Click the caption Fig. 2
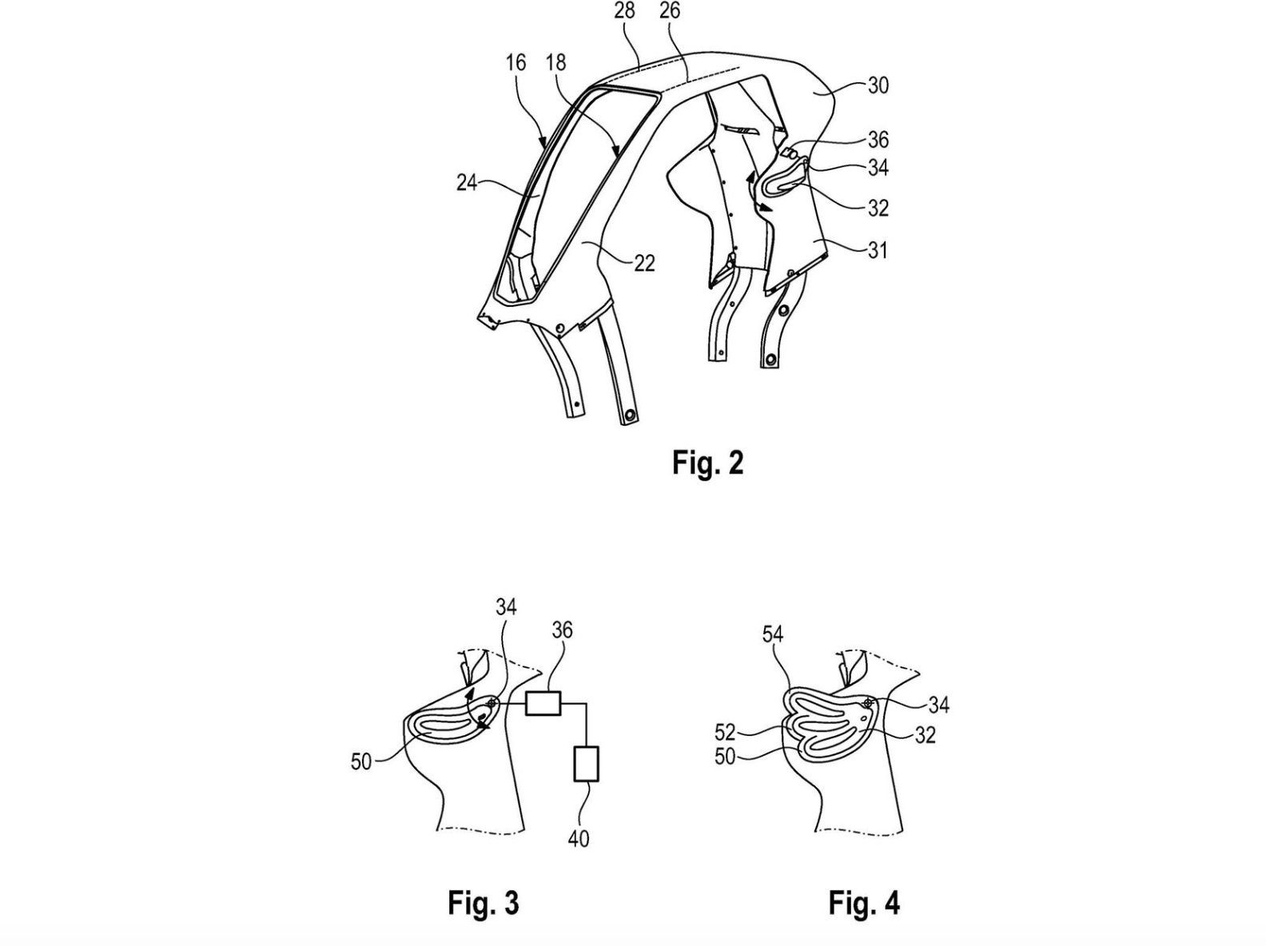pos(707,463)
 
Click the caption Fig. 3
pos(484,903)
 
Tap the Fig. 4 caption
pos(864,903)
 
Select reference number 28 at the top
pos(624,10)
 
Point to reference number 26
pos(670,10)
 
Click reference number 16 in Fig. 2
pos(516,62)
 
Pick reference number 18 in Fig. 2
pos(556,62)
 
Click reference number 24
pos(468,183)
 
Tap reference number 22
pos(644,264)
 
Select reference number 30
pos(878,86)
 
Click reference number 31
pos(878,250)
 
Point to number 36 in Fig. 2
pos(878,140)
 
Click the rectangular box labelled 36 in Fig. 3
pos(543,703)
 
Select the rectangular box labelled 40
pos(587,764)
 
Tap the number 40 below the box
pos(579,839)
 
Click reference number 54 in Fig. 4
pos(773,634)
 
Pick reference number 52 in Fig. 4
pos(725,732)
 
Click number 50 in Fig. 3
pos(361,762)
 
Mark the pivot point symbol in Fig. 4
pos(868,702)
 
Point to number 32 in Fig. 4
pos(926,735)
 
